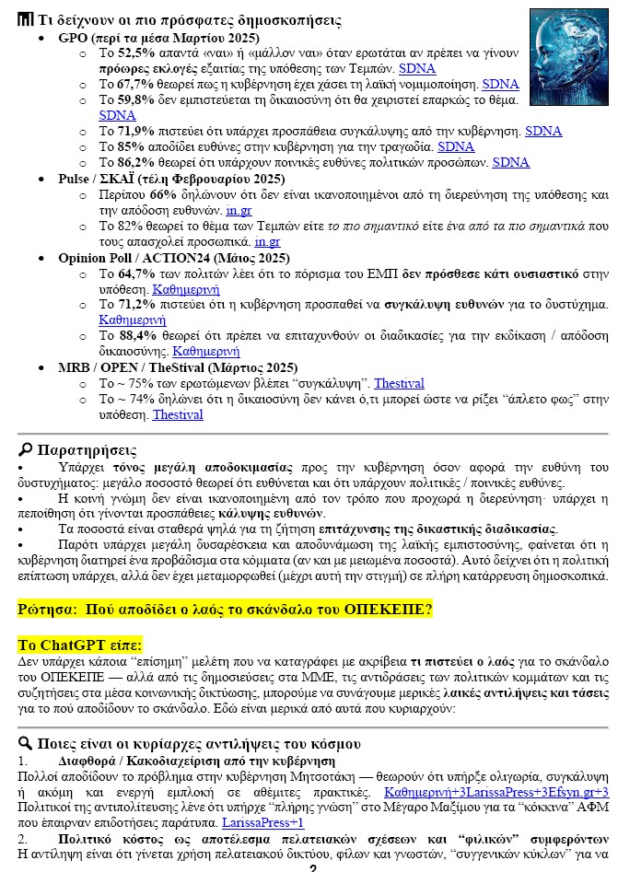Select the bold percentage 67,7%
[130, 84]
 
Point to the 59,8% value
[130, 99]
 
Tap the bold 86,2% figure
[130, 162]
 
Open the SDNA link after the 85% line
[456, 146]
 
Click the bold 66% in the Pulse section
[162, 195]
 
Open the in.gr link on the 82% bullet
[267, 242]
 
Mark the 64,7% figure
[130, 274]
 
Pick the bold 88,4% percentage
[130, 336]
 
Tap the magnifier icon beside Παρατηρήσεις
[26, 449]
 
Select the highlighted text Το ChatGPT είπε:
[79, 645]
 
